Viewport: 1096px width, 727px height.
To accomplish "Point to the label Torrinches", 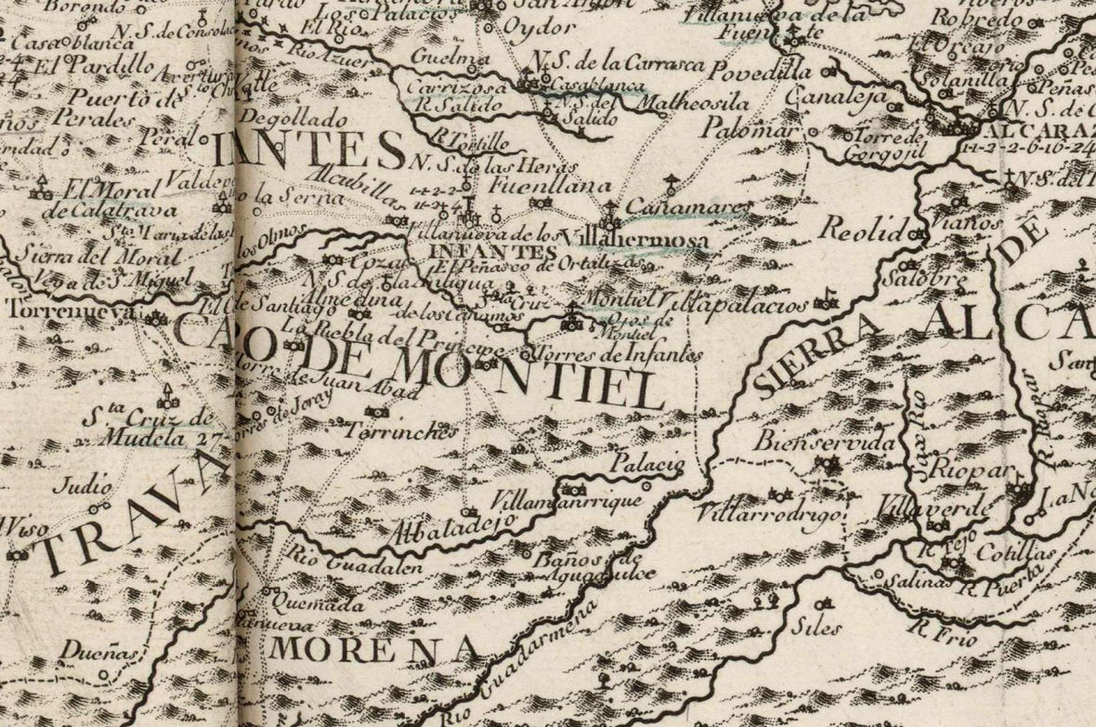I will coord(401,432).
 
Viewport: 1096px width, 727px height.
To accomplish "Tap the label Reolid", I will coord(865,232).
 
